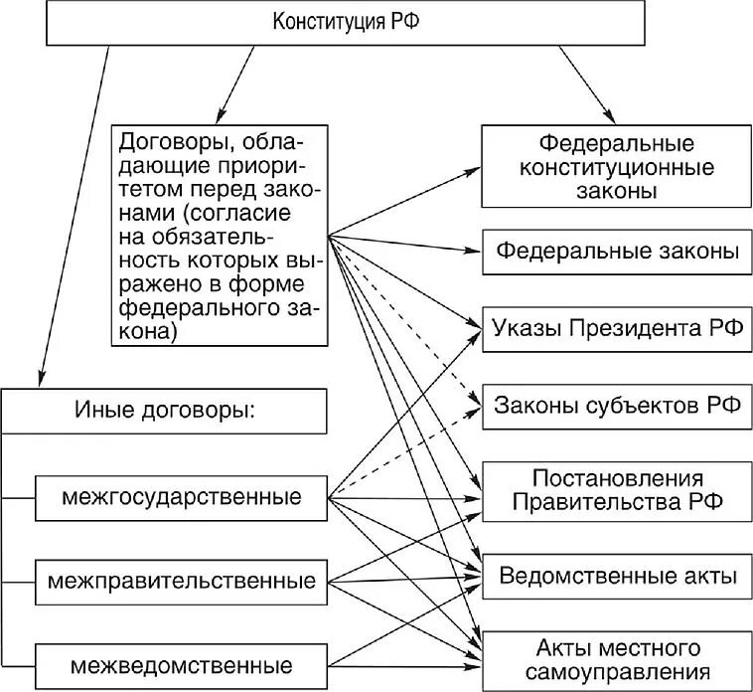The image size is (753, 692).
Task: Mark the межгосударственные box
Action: (x=182, y=495)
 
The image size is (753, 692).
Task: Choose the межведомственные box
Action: (x=182, y=663)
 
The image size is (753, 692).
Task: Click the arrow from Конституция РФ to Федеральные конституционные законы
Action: (x=585, y=84)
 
